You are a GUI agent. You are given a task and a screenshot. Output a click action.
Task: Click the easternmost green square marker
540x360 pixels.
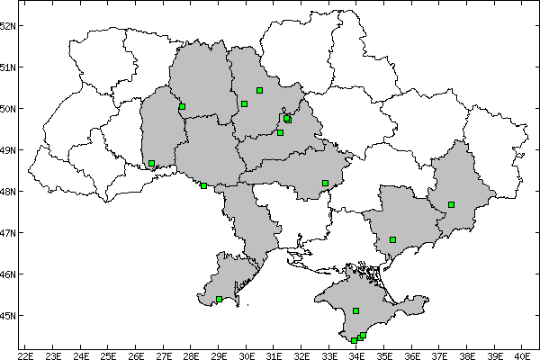point(451,204)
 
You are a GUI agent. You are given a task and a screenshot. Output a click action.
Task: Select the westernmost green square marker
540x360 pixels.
point(151,164)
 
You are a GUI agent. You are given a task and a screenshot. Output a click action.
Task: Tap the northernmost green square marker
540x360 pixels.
point(259,90)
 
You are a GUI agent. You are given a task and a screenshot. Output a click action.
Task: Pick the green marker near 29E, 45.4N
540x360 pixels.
point(219,299)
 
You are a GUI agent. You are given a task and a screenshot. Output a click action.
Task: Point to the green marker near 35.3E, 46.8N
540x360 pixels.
point(392,239)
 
